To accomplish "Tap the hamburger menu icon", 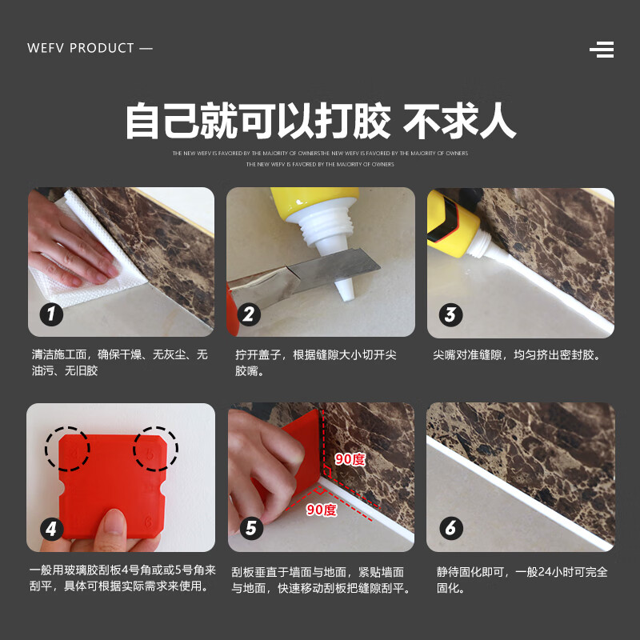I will pos(602,50).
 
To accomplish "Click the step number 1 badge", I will pos(52,314).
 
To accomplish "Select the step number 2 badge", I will pos(248,314).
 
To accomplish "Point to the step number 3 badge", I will pos(450,314).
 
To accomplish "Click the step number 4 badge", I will pos(52,528).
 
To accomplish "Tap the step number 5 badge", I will pos(250,528).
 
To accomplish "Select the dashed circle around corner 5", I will pos(155,448).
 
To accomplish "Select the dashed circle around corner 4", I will pos(68,448).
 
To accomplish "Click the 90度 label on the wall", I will pos(349,459).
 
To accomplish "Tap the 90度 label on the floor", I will pos(322,510).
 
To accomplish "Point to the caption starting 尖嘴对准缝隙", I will pos(517,354).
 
